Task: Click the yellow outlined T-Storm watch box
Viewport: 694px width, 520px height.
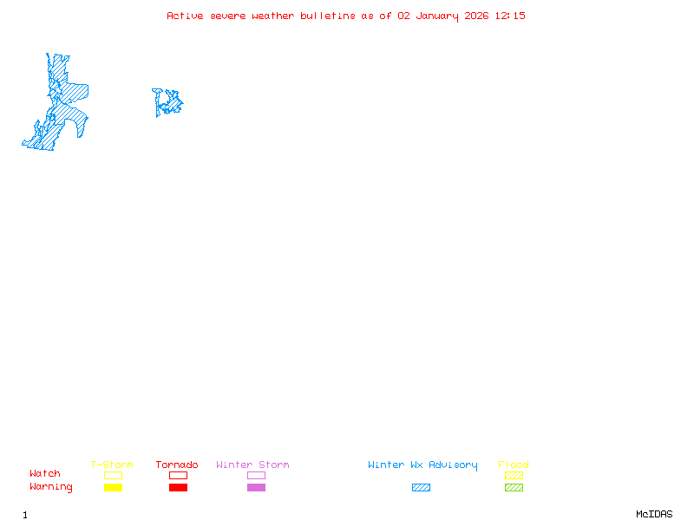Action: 113,475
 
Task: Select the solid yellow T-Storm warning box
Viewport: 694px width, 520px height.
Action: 113,487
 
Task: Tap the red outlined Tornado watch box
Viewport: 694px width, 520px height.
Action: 178,475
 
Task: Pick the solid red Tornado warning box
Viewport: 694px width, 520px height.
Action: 178,487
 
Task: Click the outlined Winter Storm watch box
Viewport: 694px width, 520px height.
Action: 256,475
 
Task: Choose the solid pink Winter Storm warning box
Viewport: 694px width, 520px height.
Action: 256,487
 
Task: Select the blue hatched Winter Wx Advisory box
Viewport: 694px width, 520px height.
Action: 421,487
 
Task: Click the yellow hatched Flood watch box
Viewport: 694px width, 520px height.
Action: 514,475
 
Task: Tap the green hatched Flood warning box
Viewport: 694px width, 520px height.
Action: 514,487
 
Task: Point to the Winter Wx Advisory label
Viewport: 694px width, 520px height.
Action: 422,465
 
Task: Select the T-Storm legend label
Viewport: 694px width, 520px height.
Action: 112,465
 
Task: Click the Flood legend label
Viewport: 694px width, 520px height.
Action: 514,465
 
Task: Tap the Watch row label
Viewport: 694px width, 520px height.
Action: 45,474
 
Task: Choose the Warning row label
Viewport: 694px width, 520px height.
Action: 51,487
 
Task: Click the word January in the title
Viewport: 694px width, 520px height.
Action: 436,16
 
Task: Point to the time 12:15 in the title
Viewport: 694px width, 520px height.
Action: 510,16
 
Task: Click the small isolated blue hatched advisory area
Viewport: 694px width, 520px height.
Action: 167,102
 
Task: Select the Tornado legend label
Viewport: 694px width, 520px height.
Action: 177,465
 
